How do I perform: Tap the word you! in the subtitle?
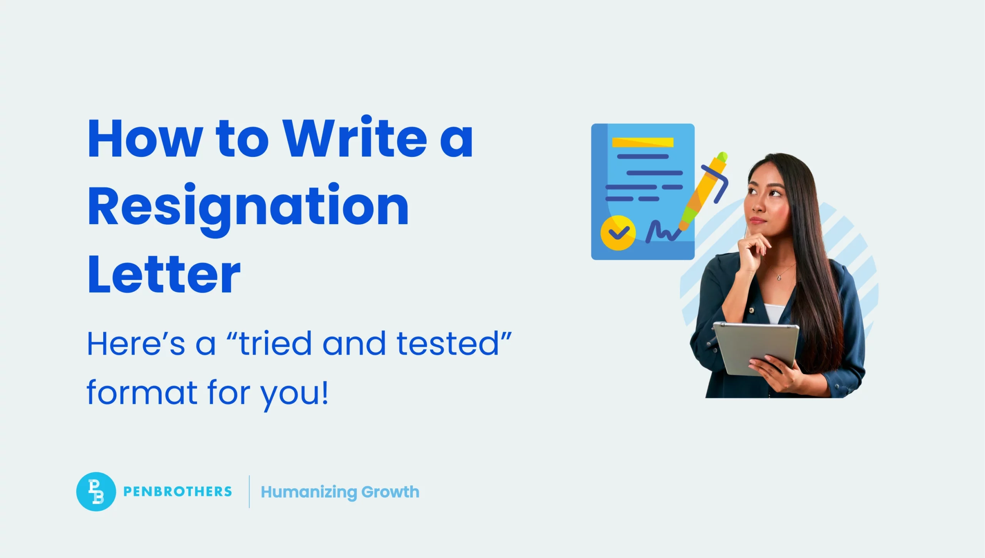pyautogui.click(x=295, y=393)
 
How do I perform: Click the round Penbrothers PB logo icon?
pyautogui.click(x=96, y=491)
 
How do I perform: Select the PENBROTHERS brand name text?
pyautogui.click(x=177, y=491)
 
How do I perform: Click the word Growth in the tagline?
pyautogui.click(x=390, y=492)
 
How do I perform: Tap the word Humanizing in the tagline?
pyautogui.click(x=309, y=492)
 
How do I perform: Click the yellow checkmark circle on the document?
pyautogui.click(x=618, y=233)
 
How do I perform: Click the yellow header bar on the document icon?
pyautogui.click(x=643, y=142)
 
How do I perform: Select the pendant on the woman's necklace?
pyautogui.click(x=779, y=277)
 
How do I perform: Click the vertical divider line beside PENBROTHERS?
pyautogui.click(x=249, y=491)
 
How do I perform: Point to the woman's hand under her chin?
pyautogui.click(x=752, y=250)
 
